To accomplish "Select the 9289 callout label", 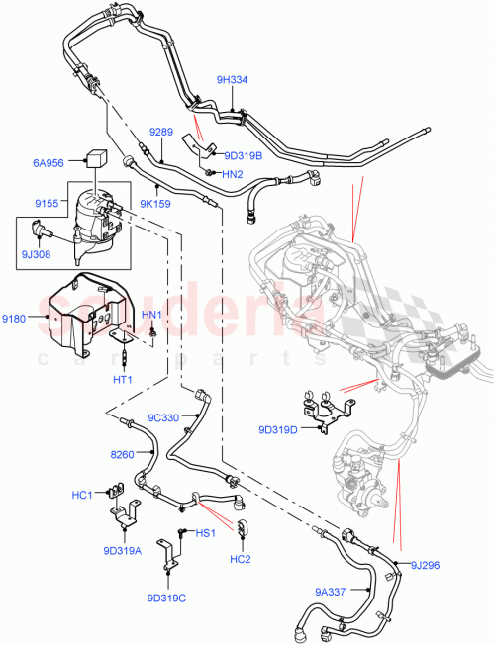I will tap(161, 130).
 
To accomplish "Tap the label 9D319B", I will tap(244, 154).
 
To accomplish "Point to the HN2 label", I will tap(232, 174).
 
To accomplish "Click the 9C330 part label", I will tap(164, 416).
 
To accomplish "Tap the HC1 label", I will tap(82, 494).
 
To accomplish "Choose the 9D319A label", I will tap(121, 551).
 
